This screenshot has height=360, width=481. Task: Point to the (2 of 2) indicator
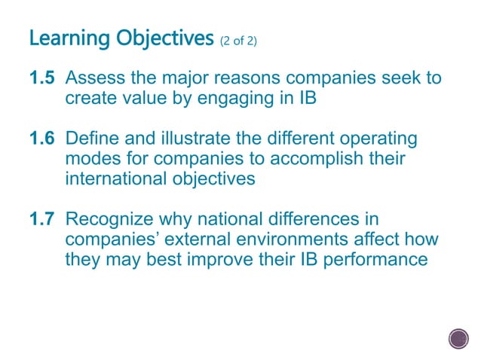(238, 40)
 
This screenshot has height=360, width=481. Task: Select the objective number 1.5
(43, 79)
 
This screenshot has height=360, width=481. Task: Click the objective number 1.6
(43, 140)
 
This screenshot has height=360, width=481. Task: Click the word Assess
(94, 79)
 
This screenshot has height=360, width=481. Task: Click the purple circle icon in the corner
(458, 339)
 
